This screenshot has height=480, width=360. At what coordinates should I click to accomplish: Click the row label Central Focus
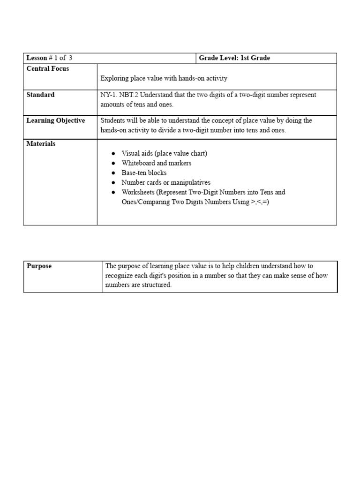[48, 69]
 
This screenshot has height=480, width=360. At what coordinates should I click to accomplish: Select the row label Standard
[41, 95]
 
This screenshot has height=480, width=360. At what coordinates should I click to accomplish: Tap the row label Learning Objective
[56, 120]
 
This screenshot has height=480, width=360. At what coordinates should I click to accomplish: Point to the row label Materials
[41, 144]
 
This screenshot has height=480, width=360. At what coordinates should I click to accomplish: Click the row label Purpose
[39, 266]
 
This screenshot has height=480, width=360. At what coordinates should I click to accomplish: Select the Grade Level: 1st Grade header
[234, 58]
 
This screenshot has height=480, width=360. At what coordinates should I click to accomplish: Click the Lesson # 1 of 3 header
[49, 58]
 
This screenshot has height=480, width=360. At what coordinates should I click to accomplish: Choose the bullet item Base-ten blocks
[144, 173]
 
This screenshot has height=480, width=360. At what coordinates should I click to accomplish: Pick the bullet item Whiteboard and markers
[156, 163]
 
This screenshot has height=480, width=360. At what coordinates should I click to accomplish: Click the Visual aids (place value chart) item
[164, 153]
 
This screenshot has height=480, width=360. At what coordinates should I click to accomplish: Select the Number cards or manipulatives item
[166, 182]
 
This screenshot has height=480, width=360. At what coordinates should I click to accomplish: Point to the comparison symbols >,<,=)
[260, 202]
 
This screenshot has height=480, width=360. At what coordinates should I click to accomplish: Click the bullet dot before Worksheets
[113, 193]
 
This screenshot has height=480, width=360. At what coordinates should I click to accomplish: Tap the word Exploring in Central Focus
[114, 78]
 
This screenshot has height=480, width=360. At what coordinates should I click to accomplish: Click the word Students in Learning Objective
[113, 120]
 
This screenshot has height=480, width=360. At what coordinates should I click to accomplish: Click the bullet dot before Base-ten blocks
[113, 173]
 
